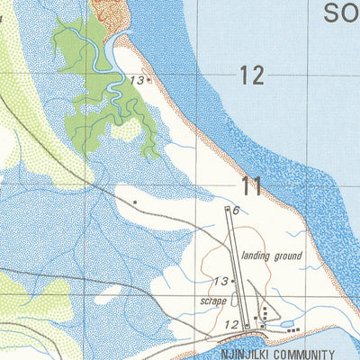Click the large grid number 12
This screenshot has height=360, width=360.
[252, 76]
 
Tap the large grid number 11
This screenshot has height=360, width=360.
[252, 187]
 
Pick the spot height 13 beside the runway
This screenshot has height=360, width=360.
[220, 281]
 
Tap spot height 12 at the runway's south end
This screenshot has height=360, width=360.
[231, 325]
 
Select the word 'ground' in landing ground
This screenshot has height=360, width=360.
[288, 256]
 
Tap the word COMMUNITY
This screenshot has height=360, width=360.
[301, 354]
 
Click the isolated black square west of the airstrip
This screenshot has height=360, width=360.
[135, 202]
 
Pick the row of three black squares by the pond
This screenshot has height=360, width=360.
[292, 330]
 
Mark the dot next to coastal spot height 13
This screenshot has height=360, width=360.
[148, 80]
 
